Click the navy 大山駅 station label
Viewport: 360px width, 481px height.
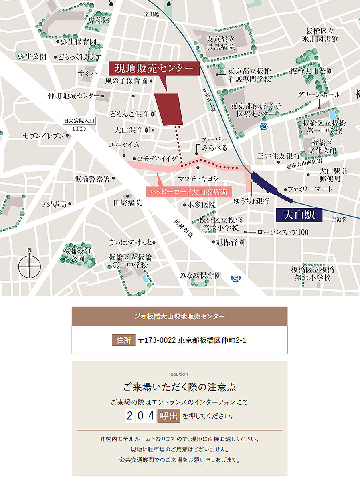pyautogui.click(x=300, y=215)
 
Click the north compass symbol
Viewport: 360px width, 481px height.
pyautogui.click(x=30, y=263)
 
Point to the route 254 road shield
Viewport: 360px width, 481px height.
pyautogui.click(x=235, y=278)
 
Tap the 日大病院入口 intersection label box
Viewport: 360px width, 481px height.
pyautogui.click(x=79, y=120)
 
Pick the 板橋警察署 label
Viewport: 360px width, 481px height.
pyautogui.click(x=92, y=179)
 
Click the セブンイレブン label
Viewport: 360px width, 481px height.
pyautogui.click(x=43, y=136)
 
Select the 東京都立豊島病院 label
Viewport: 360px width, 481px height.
pyautogui.click(x=220, y=44)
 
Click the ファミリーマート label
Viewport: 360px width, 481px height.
pyautogui.click(x=310, y=189)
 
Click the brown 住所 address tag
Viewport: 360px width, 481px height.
pyautogui.click(x=123, y=340)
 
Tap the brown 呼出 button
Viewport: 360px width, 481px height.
pyautogui.click(x=168, y=416)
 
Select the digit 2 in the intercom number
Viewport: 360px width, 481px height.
pyautogui.click(x=129, y=416)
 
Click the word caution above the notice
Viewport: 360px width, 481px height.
pyautogui.click(x=179, y=374)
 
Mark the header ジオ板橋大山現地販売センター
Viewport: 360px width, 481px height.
pyautogui.click(x=180, y=316)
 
